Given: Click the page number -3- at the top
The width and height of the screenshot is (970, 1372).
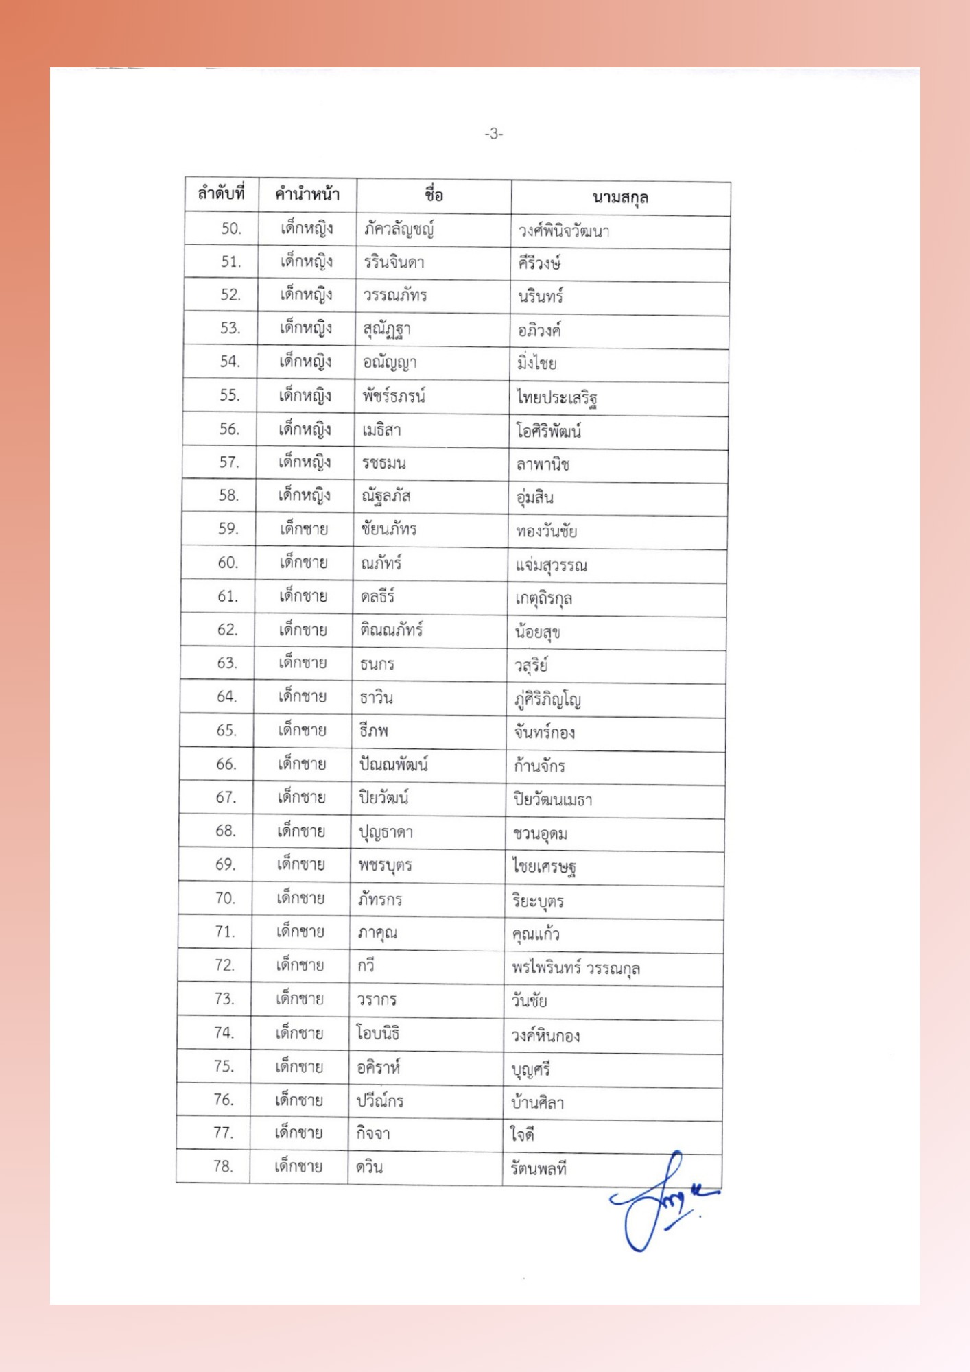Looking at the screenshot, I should tap(493, 134).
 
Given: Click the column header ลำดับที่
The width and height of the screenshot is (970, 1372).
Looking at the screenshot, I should tap(221, 193).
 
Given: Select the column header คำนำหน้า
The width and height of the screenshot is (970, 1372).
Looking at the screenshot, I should tap(307, 194).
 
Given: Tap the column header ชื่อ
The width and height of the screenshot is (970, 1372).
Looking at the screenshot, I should tap(434, 196).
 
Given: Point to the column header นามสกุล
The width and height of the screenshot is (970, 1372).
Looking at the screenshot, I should tap(620, 198).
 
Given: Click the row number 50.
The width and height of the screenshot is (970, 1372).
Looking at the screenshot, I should tap(231, 228).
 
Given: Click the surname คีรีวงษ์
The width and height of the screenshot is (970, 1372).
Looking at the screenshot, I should tap(540, 263).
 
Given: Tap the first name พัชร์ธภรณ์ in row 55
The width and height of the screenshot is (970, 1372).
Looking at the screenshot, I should tap(394, 397).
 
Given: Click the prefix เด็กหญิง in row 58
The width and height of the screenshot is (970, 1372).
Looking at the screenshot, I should tap(305, 495).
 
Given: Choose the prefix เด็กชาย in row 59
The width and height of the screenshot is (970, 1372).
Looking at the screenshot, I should tap(303, 529).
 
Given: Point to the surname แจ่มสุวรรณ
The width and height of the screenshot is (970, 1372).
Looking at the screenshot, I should tap(551, 565).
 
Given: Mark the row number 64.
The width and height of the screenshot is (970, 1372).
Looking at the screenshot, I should tap(226, 696).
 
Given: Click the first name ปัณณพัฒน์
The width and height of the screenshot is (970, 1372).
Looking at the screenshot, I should tap(394, 764).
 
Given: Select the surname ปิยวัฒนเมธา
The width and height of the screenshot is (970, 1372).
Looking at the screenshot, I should tap(553, 800).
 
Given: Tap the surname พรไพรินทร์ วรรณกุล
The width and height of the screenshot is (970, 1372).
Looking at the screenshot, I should tap(576, 968).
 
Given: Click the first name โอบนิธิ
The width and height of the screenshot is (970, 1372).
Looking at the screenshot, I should tap(378, 1033).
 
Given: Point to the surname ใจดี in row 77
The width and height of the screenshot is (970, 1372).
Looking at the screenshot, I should tap(522, 1135).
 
